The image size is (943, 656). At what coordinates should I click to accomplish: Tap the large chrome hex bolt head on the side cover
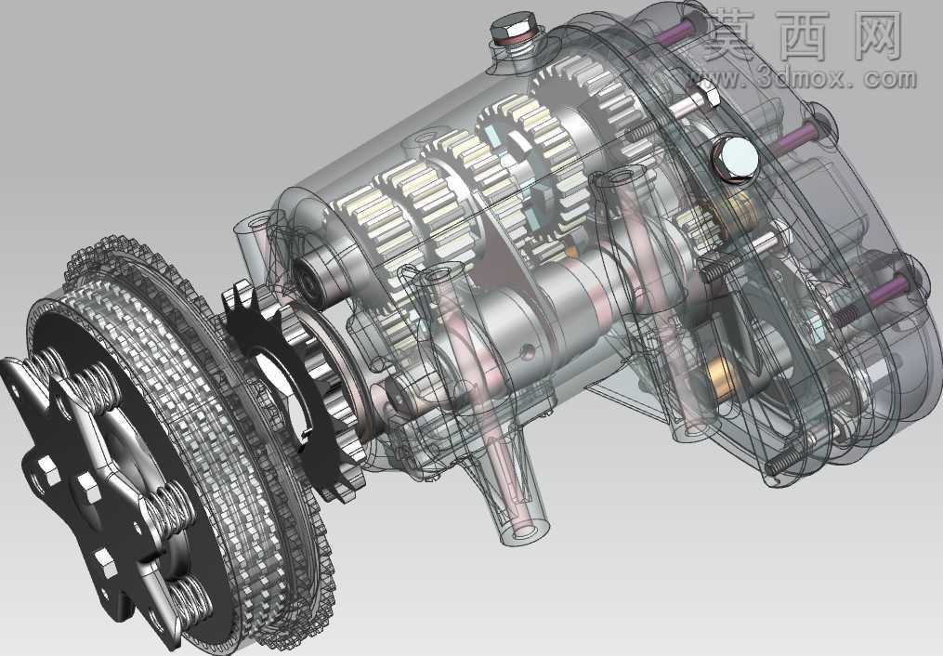(x=734, y=158)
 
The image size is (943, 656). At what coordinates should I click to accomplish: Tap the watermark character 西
(x=811, y=35)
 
